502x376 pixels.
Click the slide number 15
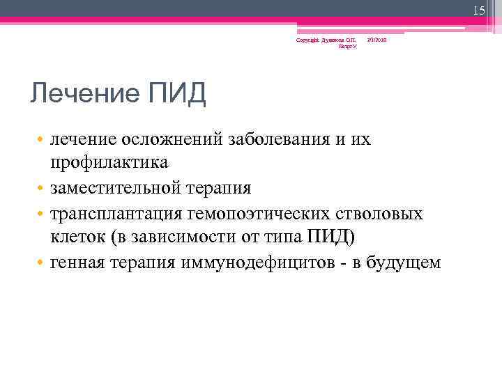click(478, 10)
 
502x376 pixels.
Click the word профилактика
click(109, 163)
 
